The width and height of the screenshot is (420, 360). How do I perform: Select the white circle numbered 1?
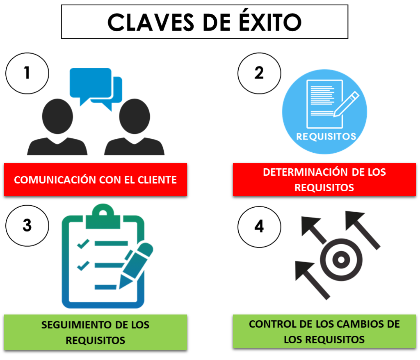[27, 73]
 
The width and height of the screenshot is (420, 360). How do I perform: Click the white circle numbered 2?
[259, 73]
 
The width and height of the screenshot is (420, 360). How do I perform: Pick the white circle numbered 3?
[27, 225]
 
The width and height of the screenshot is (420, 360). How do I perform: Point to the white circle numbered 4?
[259, 226]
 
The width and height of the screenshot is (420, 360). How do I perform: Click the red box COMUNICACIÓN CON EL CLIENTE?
[96, 180]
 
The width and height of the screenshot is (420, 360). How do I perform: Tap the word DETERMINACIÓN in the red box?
[301, 172]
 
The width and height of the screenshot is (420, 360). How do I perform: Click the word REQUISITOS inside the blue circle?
[326, 136]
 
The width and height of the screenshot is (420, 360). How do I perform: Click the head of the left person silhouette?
[57, 115]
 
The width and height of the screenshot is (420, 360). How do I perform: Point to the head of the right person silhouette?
[135, 115]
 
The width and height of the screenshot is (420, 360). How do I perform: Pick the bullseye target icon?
[341, 259]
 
